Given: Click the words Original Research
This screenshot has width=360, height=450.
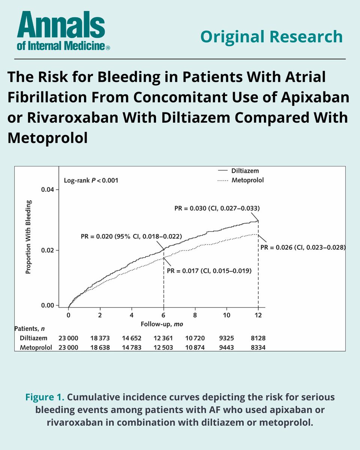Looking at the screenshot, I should click(271, 36).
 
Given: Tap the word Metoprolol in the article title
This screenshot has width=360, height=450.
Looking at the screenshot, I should click(48, 138).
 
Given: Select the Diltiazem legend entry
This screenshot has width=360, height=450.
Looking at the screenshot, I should click(244, 171).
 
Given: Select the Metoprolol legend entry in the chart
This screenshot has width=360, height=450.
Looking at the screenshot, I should click(247, 180).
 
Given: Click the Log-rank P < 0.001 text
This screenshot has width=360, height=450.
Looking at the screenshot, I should click(91, 180).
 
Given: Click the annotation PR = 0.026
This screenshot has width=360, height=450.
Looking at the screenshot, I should click(302, 247).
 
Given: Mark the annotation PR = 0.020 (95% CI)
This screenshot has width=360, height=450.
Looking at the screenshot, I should click(131, 237).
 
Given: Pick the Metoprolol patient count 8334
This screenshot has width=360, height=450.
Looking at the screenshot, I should click(258, 348).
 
